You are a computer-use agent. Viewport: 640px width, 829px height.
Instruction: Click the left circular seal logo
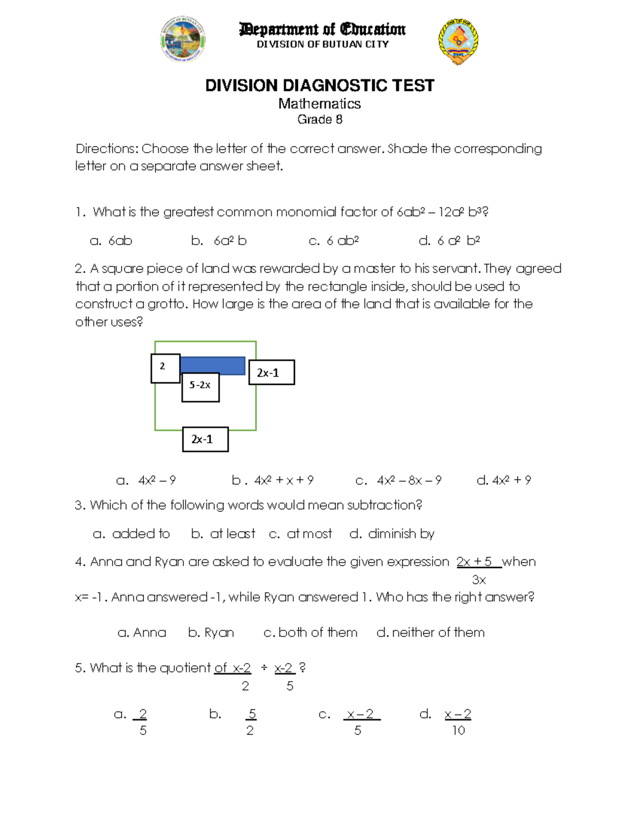(182, 40)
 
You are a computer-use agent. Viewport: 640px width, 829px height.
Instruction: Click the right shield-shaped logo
(458, 42)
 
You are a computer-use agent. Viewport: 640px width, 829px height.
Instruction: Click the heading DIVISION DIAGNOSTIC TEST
(319, 85)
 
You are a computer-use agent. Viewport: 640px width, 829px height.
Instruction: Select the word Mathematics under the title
(319, 104)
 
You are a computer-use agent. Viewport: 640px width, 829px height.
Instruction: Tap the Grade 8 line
(319, 120)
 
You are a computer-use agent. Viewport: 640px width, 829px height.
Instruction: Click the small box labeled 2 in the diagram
(165, 368)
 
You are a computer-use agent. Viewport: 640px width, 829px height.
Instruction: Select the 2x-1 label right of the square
(271, 373)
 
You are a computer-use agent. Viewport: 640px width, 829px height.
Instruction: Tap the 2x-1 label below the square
(205, 439)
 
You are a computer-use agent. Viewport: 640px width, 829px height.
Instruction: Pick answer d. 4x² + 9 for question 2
(503, 480)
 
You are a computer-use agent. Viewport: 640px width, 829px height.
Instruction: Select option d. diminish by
(392, 534)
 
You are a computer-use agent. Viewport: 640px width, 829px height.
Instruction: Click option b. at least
(223, 534)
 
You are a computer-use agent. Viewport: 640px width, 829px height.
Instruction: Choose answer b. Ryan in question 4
(211, 633)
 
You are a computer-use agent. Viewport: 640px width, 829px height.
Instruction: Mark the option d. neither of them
(430, 633)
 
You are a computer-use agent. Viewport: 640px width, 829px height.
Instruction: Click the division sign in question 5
(263, 668)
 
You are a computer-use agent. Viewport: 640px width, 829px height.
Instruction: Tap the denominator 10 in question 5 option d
(459, 731)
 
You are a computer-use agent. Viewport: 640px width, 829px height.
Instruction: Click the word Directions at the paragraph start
(107, 148)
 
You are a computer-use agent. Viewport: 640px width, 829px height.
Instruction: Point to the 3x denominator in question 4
(479, 580)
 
